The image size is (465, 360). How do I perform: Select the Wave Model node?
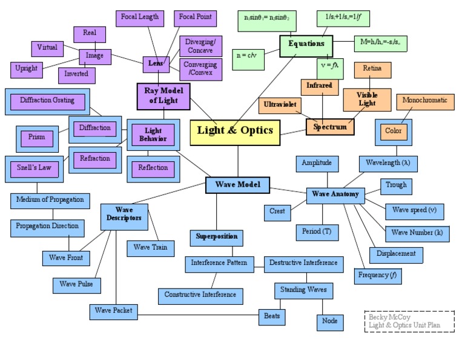(x=237, y=185)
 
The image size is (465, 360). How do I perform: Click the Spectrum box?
(x=330, y=127)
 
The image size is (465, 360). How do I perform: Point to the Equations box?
(x=306, y=45)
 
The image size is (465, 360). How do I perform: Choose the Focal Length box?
(x=140, y=18)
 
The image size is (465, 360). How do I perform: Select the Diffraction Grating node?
(x=47, y=101)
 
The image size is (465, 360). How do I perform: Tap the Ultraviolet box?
(x=280, y=105)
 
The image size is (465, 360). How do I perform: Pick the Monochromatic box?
(x=424, y=101)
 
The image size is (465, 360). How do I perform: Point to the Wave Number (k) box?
(x=417, y=233)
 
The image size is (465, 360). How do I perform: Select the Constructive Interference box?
(x=201, y=295)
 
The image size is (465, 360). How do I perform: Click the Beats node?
(x=272, y=316)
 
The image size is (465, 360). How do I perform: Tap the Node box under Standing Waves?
(x=330, y=321)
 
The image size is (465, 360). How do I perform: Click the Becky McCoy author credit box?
(x=409, y=321)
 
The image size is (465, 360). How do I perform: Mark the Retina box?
(x=372, y=70)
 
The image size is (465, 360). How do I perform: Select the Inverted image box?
(x=76, y=74)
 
